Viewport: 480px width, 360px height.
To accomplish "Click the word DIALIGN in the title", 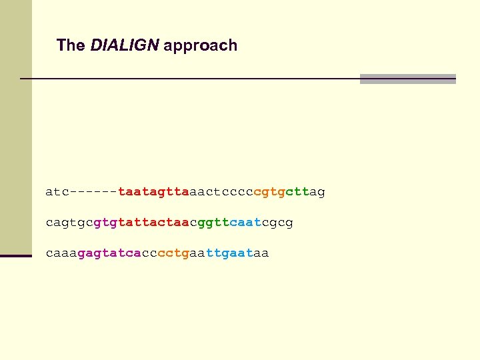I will [x=125, y=45].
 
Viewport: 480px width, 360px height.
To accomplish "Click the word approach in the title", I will [x=200, y=46].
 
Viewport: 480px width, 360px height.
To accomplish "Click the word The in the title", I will [x=71, y=45].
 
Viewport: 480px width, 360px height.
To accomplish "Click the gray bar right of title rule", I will [x=407, y=79].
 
